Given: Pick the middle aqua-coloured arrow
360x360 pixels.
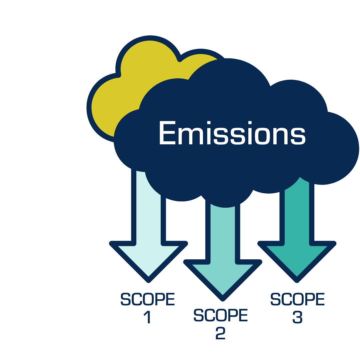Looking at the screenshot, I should [223, 263].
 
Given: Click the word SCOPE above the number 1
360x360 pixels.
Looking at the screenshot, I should [147, 299].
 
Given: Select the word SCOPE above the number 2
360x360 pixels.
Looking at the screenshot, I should [221, 315].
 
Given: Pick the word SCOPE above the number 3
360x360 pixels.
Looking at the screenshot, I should [297, 299].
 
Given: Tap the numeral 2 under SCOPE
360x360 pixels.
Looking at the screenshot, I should [220, 334].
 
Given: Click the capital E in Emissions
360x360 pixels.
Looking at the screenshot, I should [168, 133].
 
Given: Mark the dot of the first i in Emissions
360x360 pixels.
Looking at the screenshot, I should [209, 123].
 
